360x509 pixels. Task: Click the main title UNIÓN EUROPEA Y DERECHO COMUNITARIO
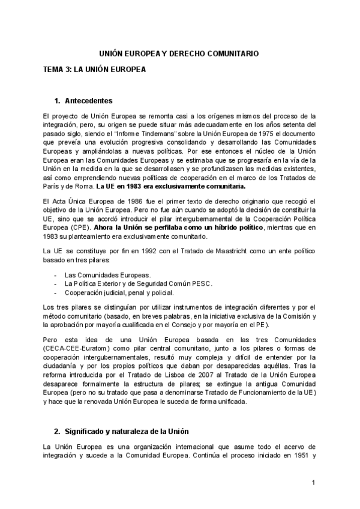pos(179,53)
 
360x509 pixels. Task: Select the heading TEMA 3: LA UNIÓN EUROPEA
pos(94,69)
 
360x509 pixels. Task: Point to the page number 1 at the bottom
pos(313,483)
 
